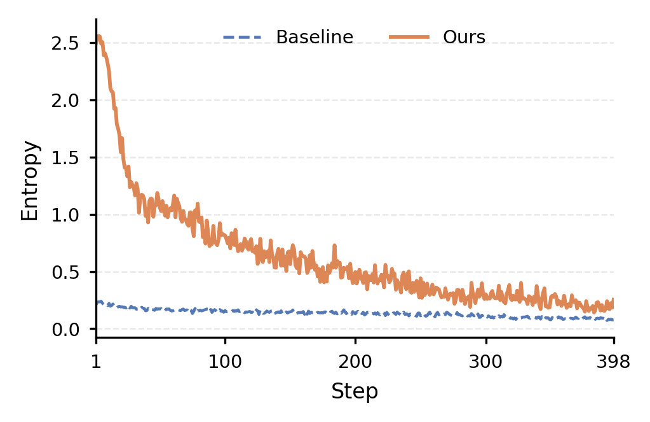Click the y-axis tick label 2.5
tap(65, 43)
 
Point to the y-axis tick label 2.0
tap(65, 101)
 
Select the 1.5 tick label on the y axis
tap(65, 158)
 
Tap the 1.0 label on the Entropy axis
tap(65, 215)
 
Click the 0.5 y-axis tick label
tap(65, 272)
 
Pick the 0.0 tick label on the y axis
tap(65, 330)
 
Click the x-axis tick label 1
tap(96, 362)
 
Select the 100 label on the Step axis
tap(225, 362)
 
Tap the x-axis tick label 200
tap(355, 362)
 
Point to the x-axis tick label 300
tap(485, 362)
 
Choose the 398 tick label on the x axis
tap(613, 362)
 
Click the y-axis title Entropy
tap(30, 181)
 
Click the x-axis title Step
tap(355, 391)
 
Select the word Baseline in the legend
tap(315, 37)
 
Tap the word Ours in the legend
tap(464, 37)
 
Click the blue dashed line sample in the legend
tap(242, 38)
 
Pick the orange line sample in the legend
tap(409, 38)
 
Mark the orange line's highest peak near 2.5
tap(98, 36)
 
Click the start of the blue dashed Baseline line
tap(97, 302)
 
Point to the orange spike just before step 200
tap(335, 246)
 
